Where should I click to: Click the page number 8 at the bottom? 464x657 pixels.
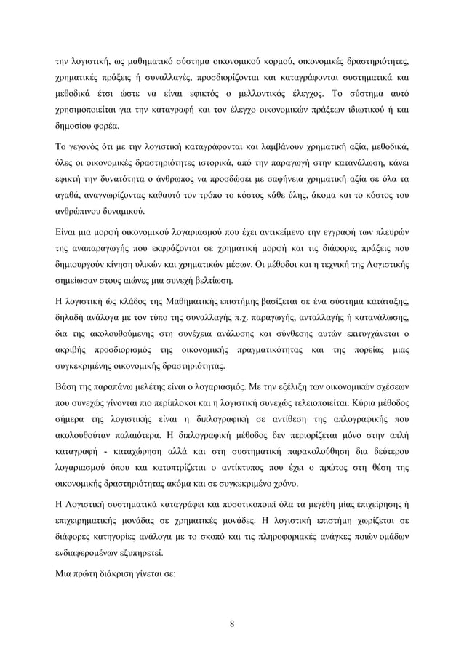pos(231,623)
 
